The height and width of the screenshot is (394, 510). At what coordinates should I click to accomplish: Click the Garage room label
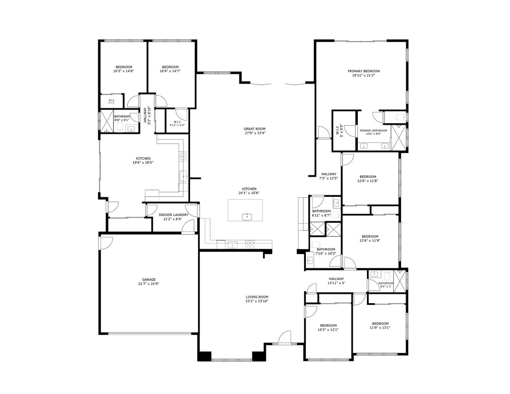click(x=148, y=282)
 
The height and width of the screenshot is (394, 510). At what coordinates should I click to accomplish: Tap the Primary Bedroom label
click(x=363, y=73)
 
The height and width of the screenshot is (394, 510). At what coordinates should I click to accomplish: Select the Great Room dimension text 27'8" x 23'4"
click(x=255, y=133)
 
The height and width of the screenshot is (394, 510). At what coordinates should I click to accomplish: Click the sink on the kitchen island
click(x=247, y=217)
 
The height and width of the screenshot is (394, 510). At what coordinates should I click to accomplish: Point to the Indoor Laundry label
click(x=173, y=217)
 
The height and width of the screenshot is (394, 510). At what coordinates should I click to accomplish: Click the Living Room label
click(x=257, y=299)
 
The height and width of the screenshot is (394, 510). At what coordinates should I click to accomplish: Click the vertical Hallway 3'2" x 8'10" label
click(x=147, y=116)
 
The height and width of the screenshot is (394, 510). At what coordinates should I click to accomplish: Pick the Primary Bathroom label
click(x=373, y=132)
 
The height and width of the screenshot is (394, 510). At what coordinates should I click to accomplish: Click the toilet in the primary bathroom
click(x=399, y=117)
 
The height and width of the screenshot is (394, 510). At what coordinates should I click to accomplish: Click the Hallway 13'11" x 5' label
click(x=336, y=281)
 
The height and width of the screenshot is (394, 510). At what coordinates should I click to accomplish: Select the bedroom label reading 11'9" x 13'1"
click(x=380, y=325)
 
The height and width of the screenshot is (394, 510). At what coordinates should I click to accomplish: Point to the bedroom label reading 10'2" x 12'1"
click(x=328, y=327)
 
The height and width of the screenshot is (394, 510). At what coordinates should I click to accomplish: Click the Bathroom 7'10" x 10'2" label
click(x=326, y=251)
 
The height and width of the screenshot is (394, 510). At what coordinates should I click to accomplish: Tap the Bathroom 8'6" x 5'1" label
click(x=121, y=118)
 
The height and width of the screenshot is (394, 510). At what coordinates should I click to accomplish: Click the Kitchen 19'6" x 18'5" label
click(x=143, y=161)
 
